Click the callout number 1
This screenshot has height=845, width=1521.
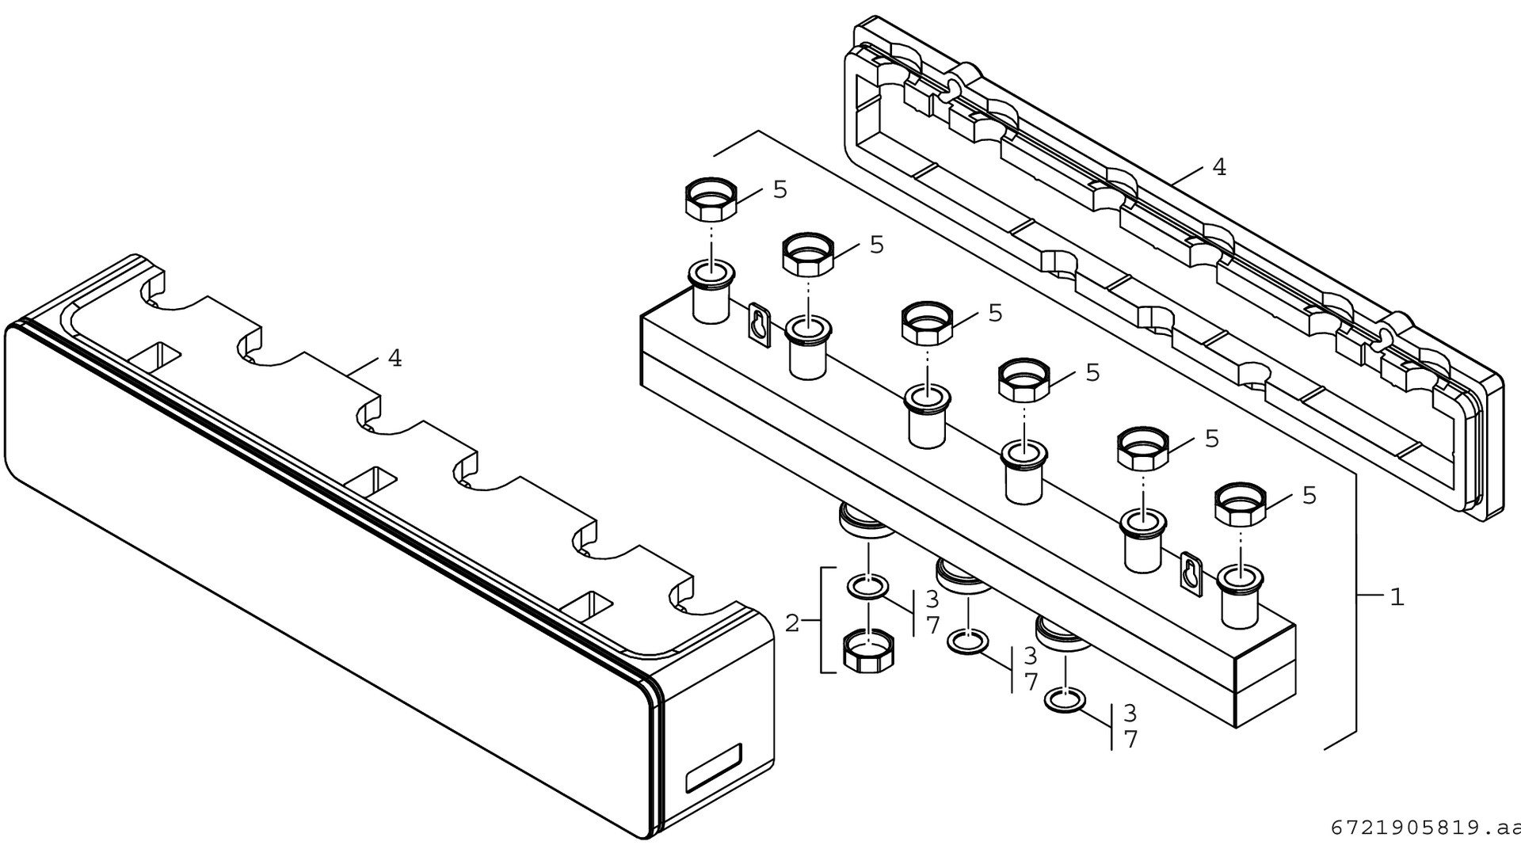click(1397, 597)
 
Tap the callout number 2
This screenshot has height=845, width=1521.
click(792, 622)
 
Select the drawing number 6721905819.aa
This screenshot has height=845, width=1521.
click(1424, 828)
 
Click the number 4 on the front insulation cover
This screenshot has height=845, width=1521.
click(395, 359)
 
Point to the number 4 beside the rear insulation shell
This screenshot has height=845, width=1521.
click(1218, 167)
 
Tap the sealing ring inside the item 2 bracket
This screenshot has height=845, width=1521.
click(868, 588)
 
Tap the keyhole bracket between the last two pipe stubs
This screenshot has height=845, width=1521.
click(1191, 571)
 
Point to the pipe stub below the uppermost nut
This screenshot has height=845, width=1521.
click(711, 292)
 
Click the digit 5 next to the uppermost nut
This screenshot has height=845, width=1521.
click(780, 189)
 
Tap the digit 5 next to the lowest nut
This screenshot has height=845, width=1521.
click(1309, 496)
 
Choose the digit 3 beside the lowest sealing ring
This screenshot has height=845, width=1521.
click(1130, 713)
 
